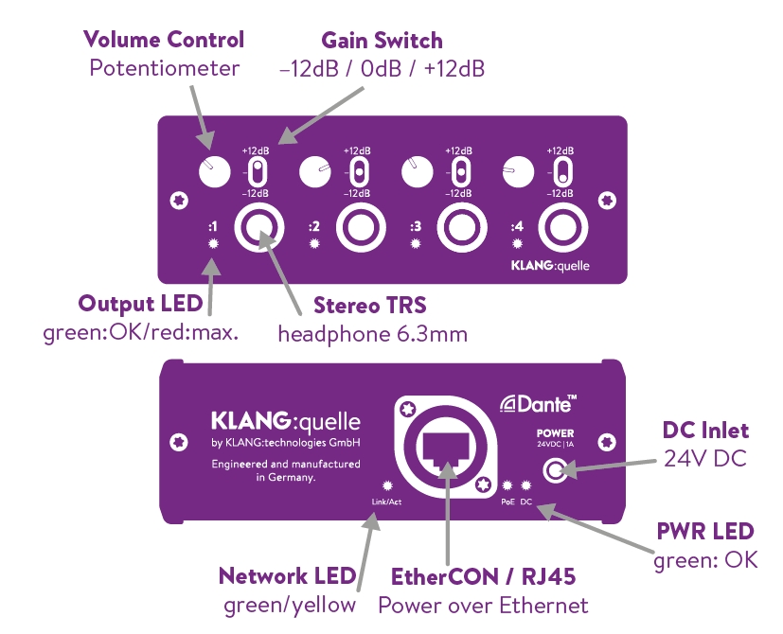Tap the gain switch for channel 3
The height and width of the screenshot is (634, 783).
pyautogui.click(x=459, y=172)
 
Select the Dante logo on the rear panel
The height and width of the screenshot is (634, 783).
pyautogui.click(x=539, y=405)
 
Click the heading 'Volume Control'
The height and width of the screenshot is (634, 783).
pyautogui.click(x=164, y=40)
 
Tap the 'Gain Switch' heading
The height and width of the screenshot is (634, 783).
pyautogui.click(x=382, y=41)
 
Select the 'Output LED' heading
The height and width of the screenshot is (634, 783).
pyautogui.click(x=140, y=305)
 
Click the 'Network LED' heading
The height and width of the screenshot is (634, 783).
pyautogui.click(x=287, y=576)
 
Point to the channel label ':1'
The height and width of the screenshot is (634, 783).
pyautogui.click(x=214, y=226)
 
